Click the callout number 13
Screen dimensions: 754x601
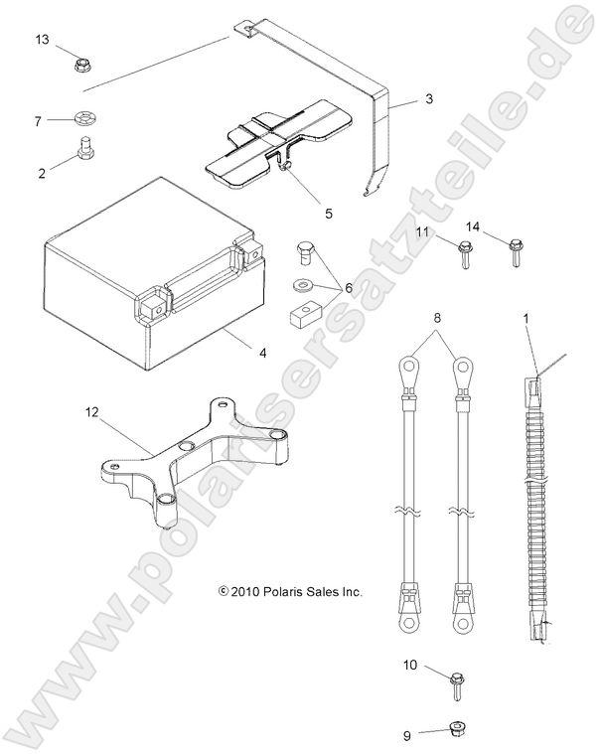[x=42, y=40]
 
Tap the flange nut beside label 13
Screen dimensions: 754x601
[x=82, y=67]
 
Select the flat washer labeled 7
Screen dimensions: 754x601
[x=82, y=121]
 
